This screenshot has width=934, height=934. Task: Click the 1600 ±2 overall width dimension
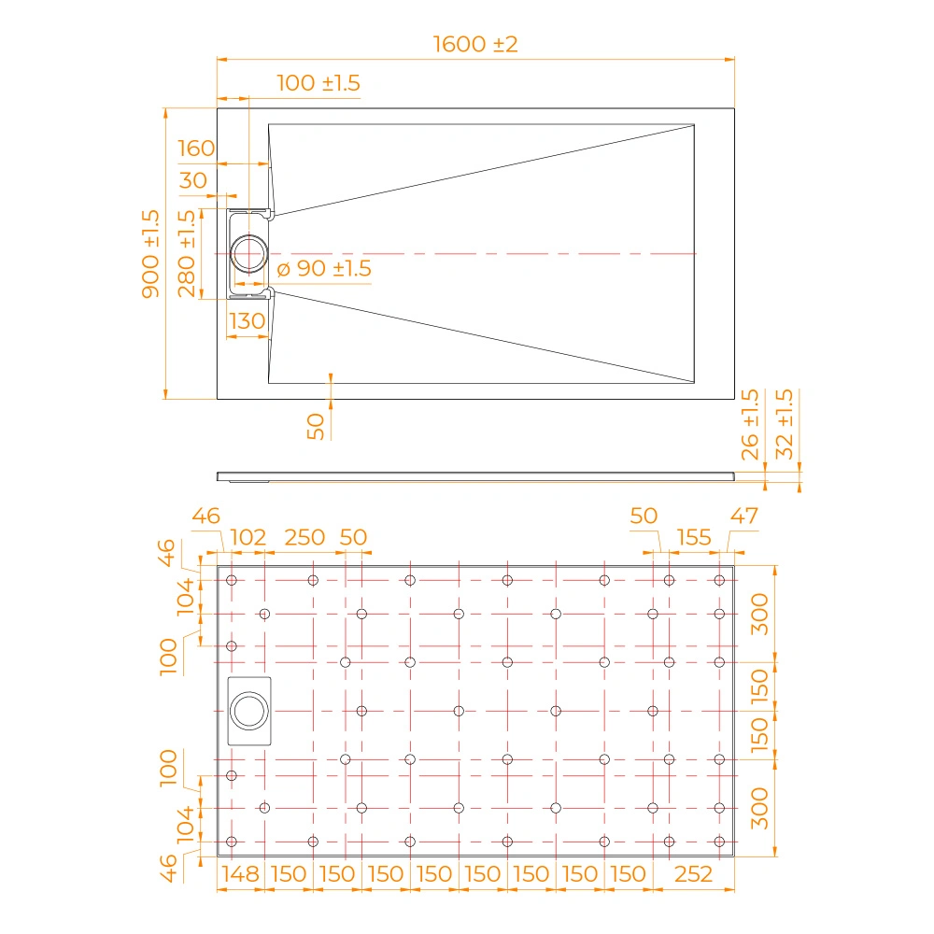(x=475, y=44)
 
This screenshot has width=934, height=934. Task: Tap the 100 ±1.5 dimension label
(x=318, y=83)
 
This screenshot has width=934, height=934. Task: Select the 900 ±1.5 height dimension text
(x=150, y=254)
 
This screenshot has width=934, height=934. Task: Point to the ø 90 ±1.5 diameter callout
(x=324, y=269)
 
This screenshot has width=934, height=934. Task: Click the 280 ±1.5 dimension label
(x=187, y=254)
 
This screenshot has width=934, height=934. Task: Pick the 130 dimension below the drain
(x=247, y=321)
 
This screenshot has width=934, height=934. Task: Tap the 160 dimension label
(x=196, y=149)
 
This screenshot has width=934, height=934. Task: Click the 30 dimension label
(x=193, y=180)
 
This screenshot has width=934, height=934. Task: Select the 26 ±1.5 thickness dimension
(x=750, y=425)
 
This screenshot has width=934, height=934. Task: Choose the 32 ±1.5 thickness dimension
(x=785, y=424)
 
